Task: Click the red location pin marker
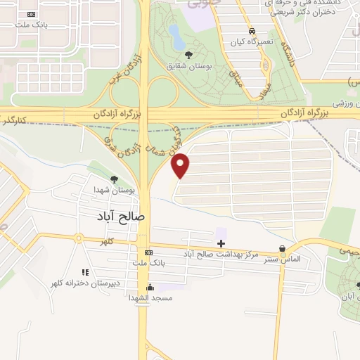(181, 165)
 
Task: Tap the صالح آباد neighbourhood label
(122, 216)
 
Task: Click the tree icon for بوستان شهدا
(115, 181)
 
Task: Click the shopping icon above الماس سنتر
(283, 249)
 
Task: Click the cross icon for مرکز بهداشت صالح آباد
(221, 243)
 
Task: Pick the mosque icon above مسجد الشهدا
(149, 288)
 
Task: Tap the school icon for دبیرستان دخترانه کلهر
(84, 272)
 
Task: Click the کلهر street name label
(106, 241)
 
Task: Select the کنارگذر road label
(15, 120)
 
